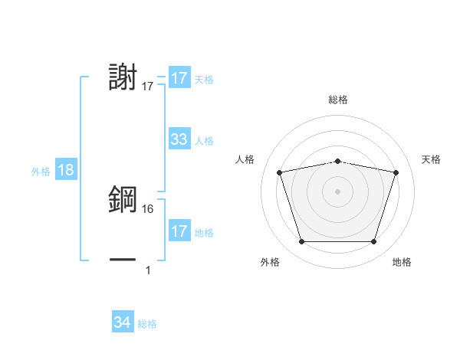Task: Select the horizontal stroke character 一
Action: click(x=123, y=260)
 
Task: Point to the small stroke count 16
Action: click(x=148, y=208)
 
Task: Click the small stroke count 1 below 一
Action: click(x=148, y=270)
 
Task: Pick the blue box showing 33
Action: click(x=179, y=139)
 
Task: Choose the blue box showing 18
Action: click(x=66, y=170)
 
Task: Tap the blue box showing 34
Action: click(x=122, y=322)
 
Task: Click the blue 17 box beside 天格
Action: click(x=179, y=78)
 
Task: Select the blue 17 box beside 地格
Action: click(x=179, y=231)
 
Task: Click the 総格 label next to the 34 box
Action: click(x=147, y=324)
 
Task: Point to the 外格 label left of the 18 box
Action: click(x=41, y=172)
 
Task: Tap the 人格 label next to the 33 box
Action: click(x=204, y=141)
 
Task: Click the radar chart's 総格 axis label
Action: click(x=338, y=100)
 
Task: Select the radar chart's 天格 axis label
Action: click(x=432, y=159)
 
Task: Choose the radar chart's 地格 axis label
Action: click(x=402, y=263)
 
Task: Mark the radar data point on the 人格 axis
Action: click(x=280, y=172)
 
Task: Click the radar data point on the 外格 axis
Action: click(x=301, y=242)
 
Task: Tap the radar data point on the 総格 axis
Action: click(x=338, y=161)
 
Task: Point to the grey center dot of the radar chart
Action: click(x=338, y=191)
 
